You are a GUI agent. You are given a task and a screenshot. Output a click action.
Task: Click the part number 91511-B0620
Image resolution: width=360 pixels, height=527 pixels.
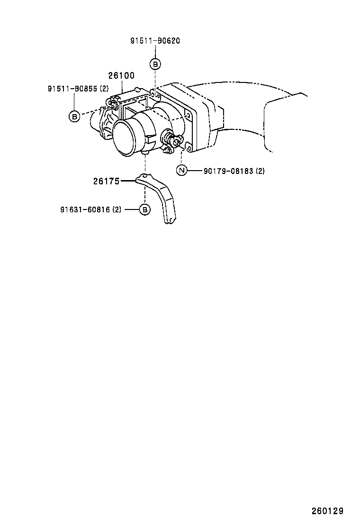(155, 41)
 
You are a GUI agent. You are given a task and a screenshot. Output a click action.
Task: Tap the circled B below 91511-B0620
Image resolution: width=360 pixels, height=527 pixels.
(155, 64)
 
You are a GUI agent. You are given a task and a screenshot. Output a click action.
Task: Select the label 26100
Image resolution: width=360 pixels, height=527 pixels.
(121, 76)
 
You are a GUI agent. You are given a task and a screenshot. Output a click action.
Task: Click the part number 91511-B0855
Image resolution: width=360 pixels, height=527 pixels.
(74, 89)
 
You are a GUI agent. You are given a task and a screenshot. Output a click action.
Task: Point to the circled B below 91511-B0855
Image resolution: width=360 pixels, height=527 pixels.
(74, 116)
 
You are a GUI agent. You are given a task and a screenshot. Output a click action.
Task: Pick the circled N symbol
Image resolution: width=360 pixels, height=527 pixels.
(182, 171)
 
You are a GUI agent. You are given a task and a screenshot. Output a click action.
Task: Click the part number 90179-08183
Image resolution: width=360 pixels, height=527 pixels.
(228, 171)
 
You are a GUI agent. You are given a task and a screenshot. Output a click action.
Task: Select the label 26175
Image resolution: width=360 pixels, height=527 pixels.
(107, 182)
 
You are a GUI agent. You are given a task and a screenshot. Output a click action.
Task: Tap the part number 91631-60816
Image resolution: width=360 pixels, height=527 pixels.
(85, 210)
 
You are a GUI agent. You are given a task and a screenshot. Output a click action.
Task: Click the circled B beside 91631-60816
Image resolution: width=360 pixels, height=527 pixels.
(145, 210)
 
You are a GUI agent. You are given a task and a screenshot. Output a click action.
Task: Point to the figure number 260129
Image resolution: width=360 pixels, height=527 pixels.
(327, 511)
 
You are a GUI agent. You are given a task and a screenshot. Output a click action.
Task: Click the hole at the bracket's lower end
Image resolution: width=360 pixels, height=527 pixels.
(171, 220)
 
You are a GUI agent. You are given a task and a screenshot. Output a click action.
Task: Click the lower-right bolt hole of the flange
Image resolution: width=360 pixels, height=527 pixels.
(189, 147)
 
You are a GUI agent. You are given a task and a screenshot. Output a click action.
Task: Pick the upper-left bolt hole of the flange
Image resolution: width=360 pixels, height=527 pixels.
(153, 94)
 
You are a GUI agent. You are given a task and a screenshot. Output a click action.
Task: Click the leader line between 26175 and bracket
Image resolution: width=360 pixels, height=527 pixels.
(128, 181)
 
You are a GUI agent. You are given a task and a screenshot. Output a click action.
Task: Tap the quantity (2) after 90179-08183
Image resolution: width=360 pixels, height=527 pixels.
(260, 171)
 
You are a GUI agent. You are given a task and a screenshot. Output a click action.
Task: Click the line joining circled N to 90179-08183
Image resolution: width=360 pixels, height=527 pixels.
(195, 171)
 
